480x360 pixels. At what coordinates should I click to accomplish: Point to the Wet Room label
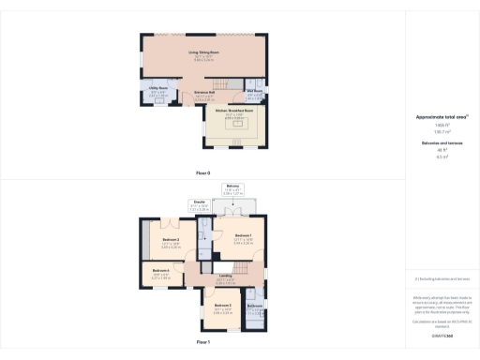pos(254,92)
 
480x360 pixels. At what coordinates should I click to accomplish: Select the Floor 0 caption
pos(203,173)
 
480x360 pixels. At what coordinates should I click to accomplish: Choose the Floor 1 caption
pos(203,342)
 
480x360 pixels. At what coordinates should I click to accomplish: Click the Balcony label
pos(233,187)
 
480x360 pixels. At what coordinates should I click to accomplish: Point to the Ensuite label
pos(200,202)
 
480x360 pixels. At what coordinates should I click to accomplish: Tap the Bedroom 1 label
pos(243,234)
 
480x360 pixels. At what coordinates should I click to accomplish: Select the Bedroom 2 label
pos(170,241)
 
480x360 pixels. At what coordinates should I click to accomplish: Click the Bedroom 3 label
pos(222,307)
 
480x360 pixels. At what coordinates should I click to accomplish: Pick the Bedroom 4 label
pos(160,274)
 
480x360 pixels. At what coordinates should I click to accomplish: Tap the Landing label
pos(225,275)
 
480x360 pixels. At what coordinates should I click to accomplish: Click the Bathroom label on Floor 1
pos(254,306)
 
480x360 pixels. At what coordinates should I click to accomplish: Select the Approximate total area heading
pos(441,116)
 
